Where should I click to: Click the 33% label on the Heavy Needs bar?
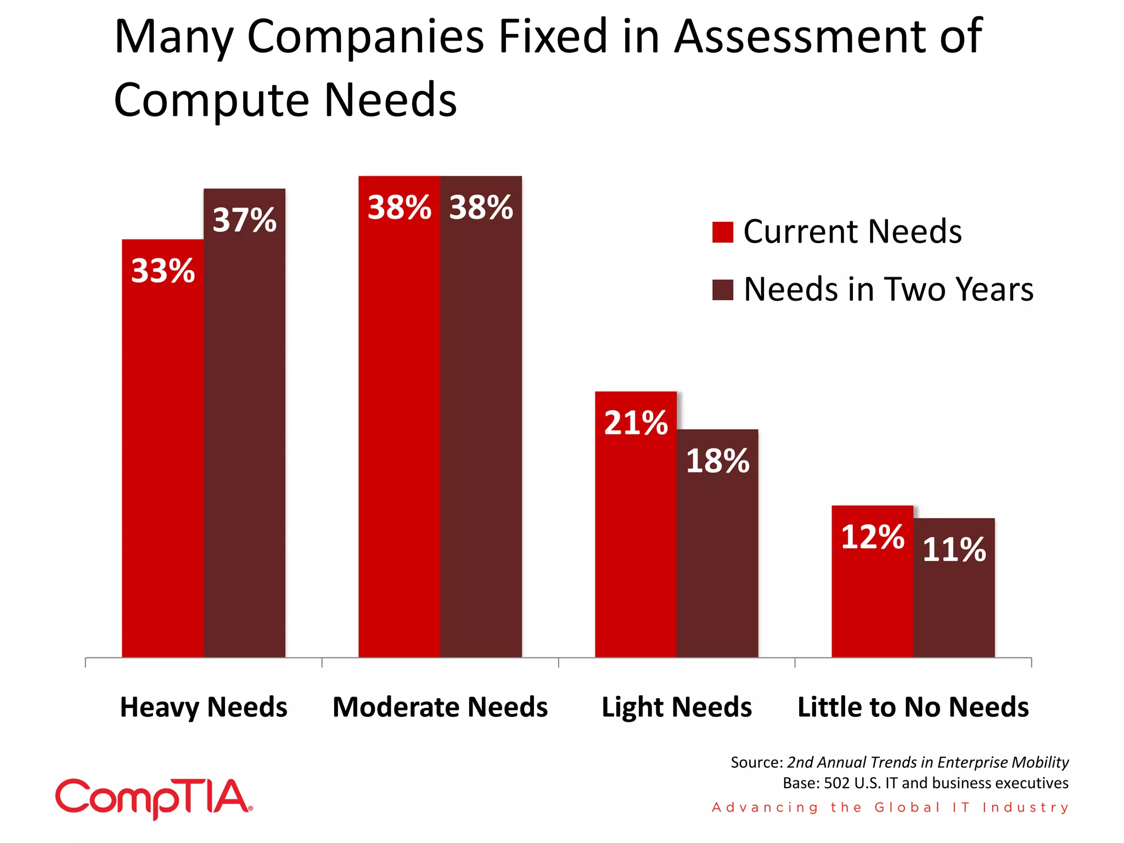coord(162,271)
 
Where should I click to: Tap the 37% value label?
coord(244,220)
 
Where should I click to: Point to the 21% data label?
coord(636,423)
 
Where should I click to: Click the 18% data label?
coord(717,460)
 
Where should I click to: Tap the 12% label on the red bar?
coord(872,537)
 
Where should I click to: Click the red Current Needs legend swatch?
coord(722,232)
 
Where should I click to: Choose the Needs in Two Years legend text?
coord(888,289)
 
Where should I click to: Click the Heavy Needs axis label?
coord(204,707)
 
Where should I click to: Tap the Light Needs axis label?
coord(677,707)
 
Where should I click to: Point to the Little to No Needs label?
coord(913,707)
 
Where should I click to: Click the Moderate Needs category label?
coord(440,707)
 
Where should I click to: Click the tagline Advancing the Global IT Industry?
coord(890,807)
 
